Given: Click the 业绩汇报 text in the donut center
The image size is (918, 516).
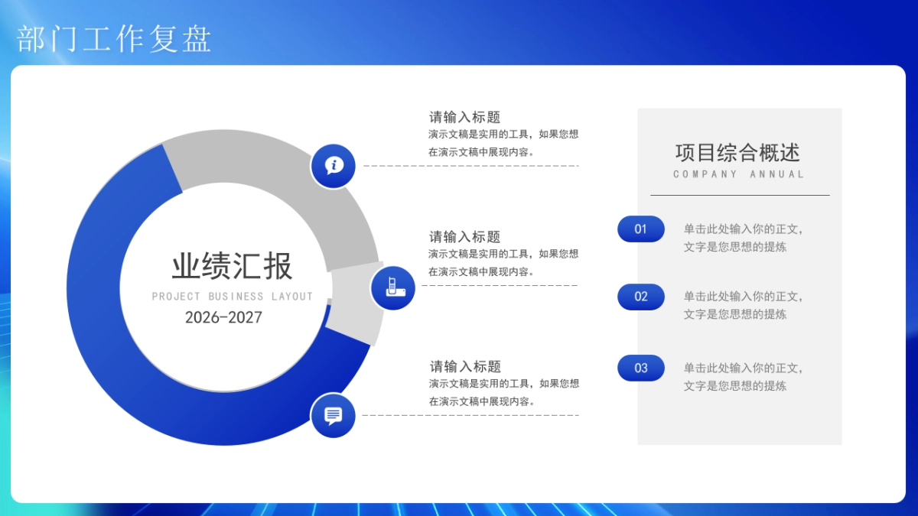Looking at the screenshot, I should click(232, 267).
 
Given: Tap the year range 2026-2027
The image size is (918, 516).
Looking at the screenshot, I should click(223, 317).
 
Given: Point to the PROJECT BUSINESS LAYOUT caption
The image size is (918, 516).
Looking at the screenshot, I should click(232, 297).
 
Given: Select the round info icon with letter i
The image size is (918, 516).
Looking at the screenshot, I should click(333, 165).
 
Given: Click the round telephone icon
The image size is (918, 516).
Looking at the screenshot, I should click(392, 287).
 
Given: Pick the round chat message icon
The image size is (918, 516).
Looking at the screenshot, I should click(333, 415).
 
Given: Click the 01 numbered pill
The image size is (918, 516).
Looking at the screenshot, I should click(641, 229).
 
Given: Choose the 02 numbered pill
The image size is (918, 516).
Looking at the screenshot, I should click(641, 297).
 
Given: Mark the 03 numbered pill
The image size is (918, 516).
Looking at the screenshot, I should click(641, 368).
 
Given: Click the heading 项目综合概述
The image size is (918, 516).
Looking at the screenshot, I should click(737, 152).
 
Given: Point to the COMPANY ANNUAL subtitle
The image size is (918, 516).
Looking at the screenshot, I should click(738, 174).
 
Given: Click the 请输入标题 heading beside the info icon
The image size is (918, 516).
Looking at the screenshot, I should click(464, 117).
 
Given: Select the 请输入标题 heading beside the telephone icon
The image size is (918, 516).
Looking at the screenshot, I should click(464, 237).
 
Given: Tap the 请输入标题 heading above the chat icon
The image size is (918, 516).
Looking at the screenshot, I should click(464, 366).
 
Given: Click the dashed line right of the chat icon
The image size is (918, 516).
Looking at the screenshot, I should click(470, 415).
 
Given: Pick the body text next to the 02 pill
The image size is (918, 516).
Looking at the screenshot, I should click(743, 305).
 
